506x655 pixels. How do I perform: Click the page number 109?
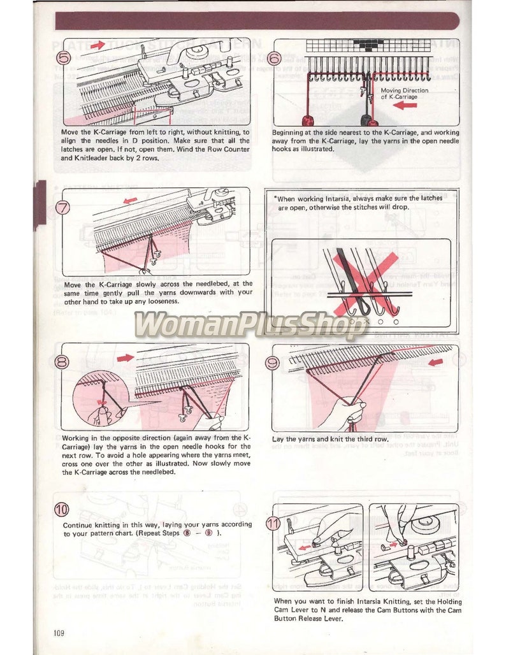[x=59, y=632]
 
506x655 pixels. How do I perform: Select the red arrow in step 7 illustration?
[x=130, y=200]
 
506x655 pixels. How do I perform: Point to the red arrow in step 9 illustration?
[x=437, y=363]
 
